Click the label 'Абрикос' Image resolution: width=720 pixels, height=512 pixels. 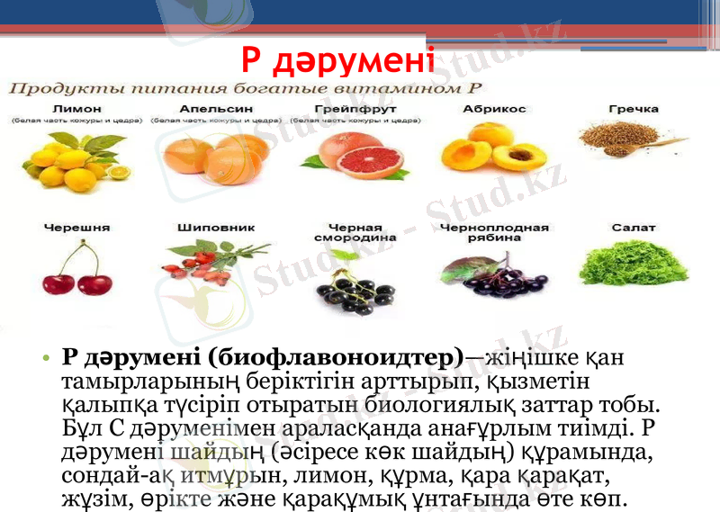(494, 109)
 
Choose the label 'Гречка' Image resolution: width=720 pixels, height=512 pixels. (634, 109)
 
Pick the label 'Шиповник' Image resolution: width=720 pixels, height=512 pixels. (203, 229)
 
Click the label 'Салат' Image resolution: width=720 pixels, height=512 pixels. (634, 229)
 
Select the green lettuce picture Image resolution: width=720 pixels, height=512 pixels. (633, 266)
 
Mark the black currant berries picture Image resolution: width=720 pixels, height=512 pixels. (349, 288)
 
